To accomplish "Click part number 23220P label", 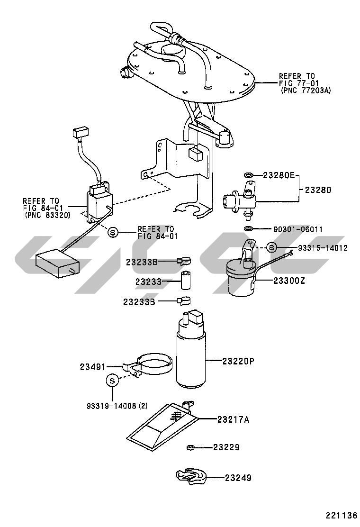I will coord(239,361).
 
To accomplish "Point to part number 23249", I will coord(238,478).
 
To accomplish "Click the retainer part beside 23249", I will coord(190,477).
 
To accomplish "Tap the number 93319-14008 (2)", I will coord(117,406).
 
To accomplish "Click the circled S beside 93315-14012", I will coord(271,247).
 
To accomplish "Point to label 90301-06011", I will coord(298,229).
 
